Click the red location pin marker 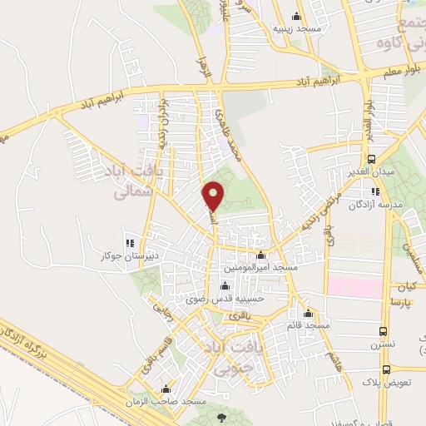[214, 196]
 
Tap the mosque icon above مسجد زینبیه [296, 16]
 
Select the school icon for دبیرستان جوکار [127, 234]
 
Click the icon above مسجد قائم [309, 314]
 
